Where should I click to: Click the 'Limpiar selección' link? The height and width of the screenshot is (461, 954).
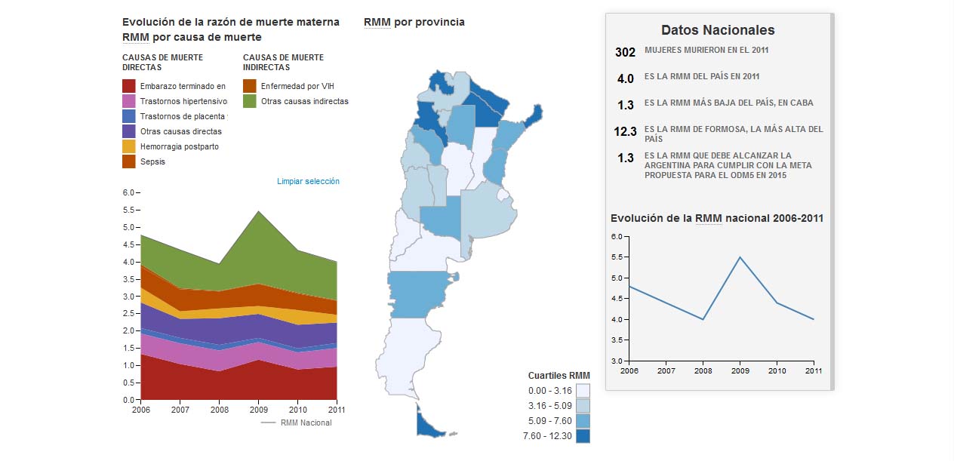click(308, 181)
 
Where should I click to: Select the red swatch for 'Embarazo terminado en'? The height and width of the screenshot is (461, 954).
click(128, 86)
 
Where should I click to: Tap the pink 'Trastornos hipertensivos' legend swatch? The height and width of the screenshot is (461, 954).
click(128, 101)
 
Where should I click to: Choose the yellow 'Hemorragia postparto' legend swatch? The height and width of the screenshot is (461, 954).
click(128, 146)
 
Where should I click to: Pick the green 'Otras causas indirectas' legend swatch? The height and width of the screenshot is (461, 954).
click(249, 101)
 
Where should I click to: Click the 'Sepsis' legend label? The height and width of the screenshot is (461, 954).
click(152, 161)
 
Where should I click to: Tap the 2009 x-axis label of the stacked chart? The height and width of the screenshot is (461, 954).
click(258, 409)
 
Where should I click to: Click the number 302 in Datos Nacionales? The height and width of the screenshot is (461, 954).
click(626, 52)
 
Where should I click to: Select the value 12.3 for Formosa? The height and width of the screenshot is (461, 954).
click(626, 131)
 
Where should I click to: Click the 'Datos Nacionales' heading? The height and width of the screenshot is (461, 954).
click(718, 30)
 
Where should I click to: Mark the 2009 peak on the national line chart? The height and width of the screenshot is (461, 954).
click(740, 257)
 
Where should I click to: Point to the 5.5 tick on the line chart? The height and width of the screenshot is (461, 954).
click(617, 257)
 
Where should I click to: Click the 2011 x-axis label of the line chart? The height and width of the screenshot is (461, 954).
click(813, 370)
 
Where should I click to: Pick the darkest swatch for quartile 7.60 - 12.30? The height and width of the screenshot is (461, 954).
click(582, 435)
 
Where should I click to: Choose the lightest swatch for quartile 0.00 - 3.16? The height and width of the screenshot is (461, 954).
click(582, 390)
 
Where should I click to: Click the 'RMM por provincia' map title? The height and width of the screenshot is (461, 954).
click(414, 22)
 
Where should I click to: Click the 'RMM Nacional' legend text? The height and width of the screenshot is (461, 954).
click(306, 423)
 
